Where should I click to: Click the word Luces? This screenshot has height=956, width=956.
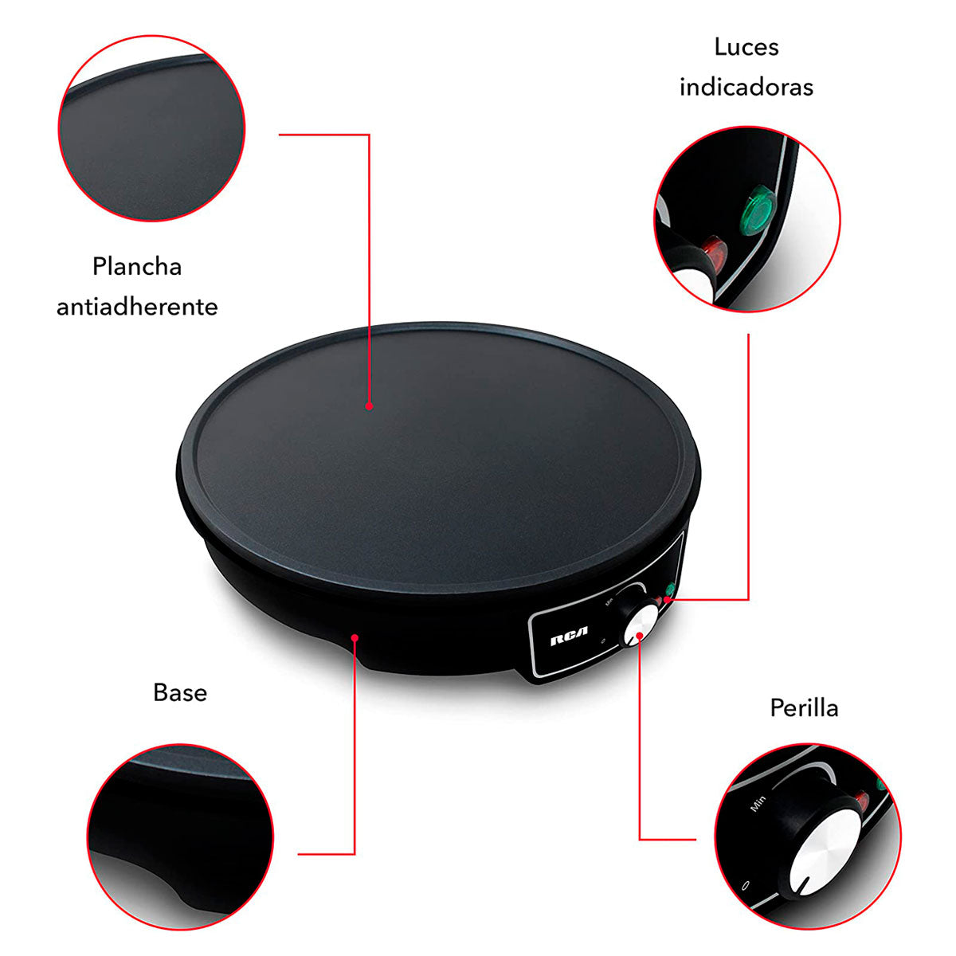click(x=746, y=48)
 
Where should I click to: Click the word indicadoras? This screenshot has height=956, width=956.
click(x=746, y=88)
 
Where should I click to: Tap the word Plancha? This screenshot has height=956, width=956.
click(x=137, y=266)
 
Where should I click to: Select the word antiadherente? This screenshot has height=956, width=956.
click(x=137, y=307)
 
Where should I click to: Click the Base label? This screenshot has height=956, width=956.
click(x=180, y=692)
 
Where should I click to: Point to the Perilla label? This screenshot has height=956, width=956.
click(x=804, y=707)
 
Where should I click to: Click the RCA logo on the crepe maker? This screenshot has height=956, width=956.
click(x=569, y=642)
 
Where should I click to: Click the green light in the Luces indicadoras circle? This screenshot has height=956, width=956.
click(x=758, y=210)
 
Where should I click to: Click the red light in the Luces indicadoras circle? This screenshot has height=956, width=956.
click(x=715, y=253)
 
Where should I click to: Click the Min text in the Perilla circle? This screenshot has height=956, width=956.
click(x=758, y=817)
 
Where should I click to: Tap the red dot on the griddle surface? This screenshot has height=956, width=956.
click(x=369, y=406)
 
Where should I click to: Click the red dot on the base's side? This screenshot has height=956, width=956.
click(x=355, y=637)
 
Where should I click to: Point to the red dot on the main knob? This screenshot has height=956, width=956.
click(x=640, y=636)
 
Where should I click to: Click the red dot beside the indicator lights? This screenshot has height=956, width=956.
click(x=668, y=600)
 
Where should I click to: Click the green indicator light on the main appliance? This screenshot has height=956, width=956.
click(x=670, y=590)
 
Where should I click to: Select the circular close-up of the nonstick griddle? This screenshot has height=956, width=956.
click(x=152, y=128)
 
